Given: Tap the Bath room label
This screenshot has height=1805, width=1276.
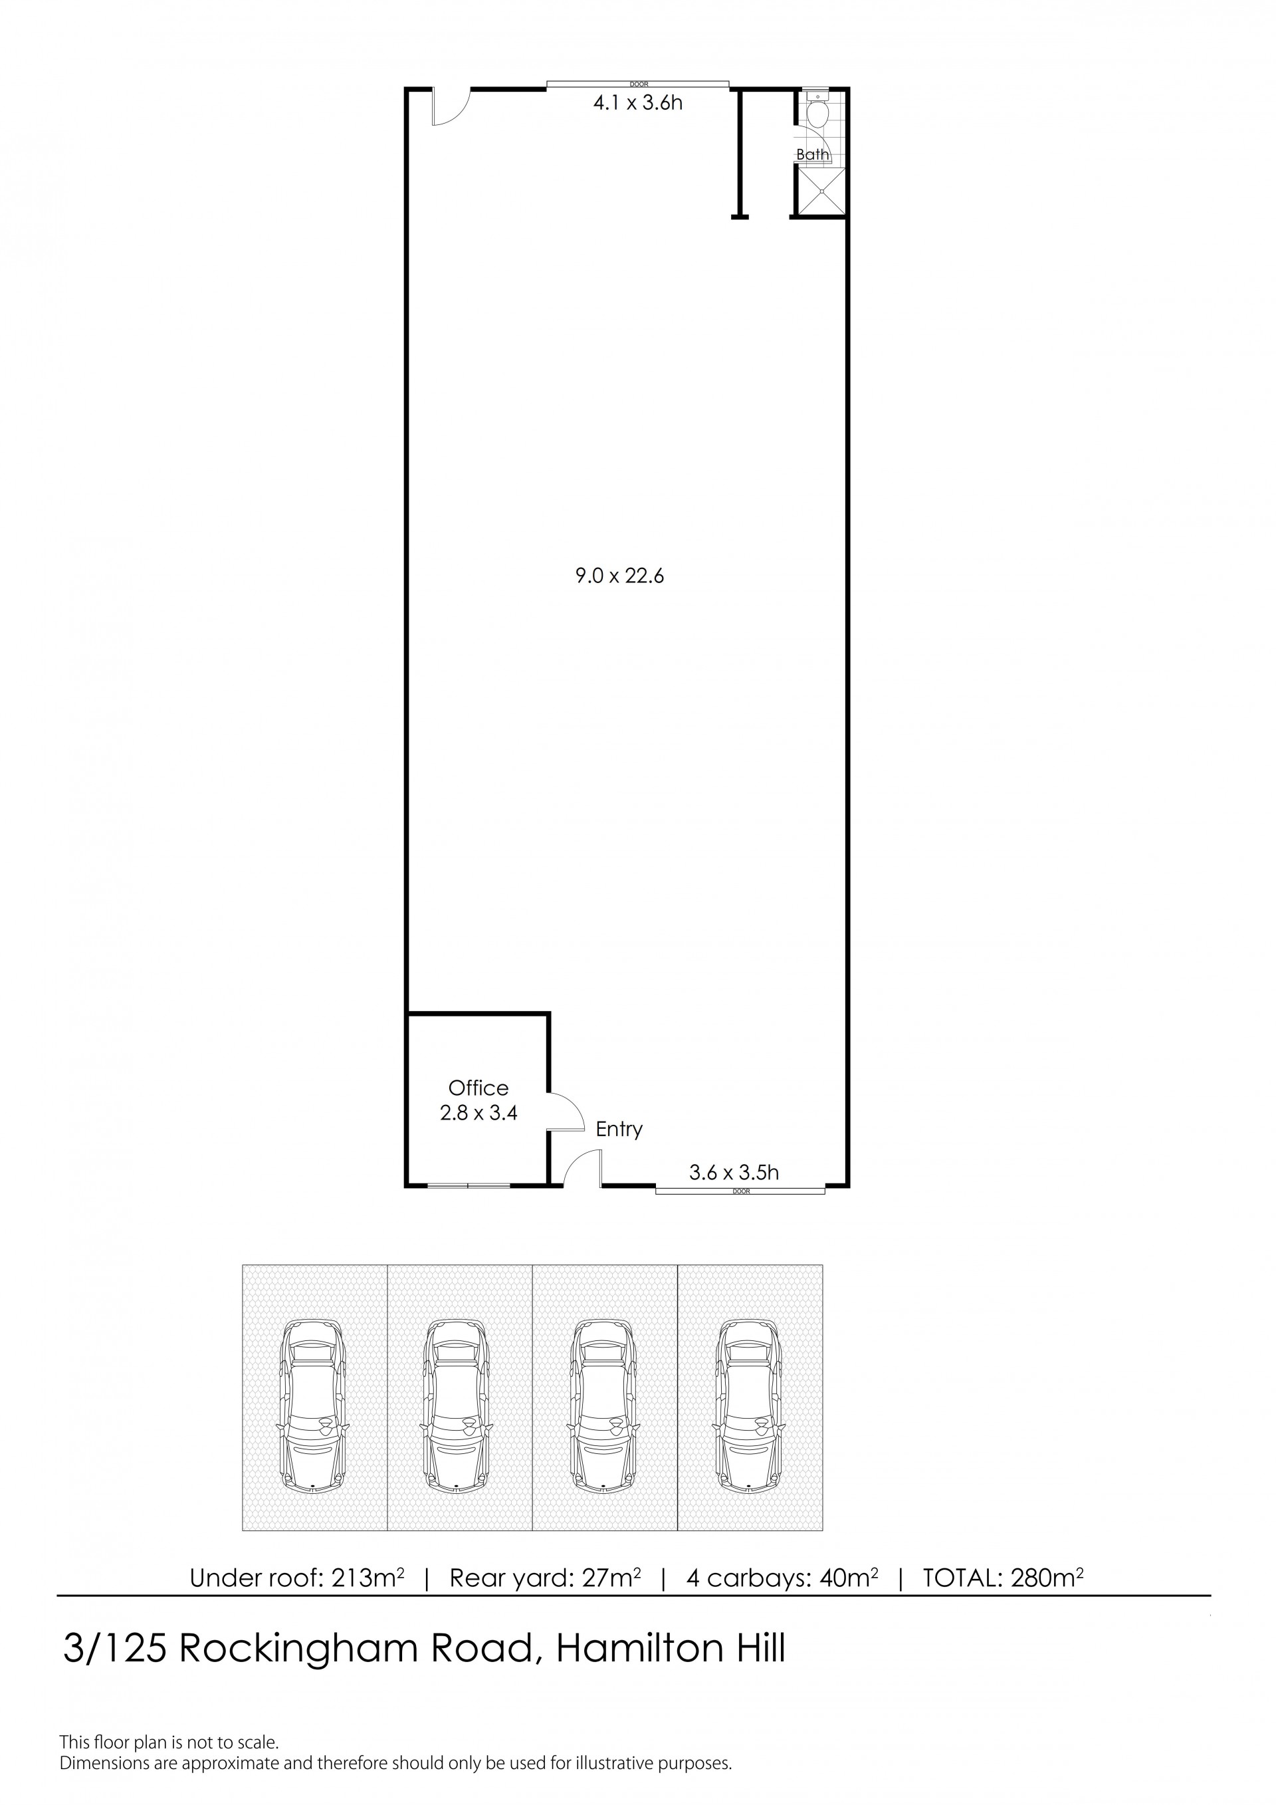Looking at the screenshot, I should click(x=812, y=154).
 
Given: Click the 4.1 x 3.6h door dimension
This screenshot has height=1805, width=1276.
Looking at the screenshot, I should click(x=637, y=103).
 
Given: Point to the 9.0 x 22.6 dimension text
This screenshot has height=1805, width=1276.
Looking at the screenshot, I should click(x=619, y=576).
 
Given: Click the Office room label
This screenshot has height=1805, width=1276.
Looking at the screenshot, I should click(x=478, y=1088).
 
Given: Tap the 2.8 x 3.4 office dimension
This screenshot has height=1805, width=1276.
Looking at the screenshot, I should click(x=478, y=1112).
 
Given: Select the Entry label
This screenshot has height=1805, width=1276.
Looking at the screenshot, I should click(x=619, y=1129).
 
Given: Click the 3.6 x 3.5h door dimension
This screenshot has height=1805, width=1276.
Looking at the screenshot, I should click(x=734, y=1173).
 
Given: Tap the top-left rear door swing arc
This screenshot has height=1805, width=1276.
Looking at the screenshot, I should click(x=452, y=109).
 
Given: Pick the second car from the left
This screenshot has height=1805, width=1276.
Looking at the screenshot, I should click(x=459, y=1405).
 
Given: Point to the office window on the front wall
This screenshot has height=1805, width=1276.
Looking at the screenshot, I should click(x=469, y=1185).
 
